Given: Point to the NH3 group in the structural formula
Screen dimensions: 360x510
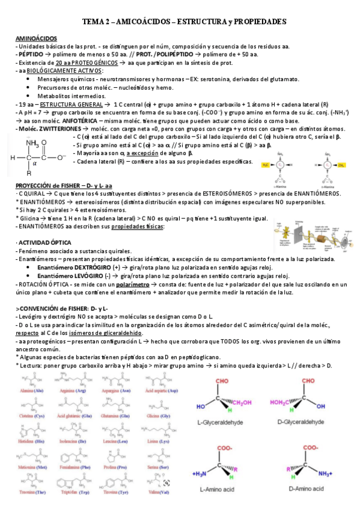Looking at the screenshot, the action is click(x=33, y=143).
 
